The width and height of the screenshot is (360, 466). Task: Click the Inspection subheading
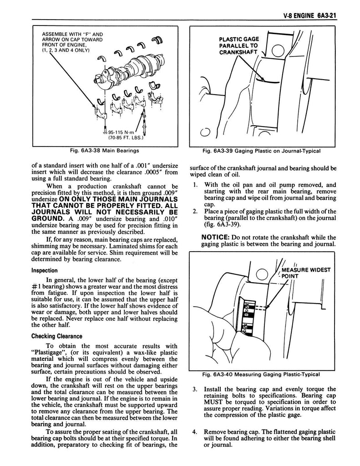44,270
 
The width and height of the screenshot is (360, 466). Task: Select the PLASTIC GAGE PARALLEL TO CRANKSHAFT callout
238,46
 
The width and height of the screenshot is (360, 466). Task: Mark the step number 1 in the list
194,185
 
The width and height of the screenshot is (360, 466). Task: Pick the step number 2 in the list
194,211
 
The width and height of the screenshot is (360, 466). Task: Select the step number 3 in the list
194,390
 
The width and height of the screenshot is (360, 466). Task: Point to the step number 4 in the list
194,432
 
